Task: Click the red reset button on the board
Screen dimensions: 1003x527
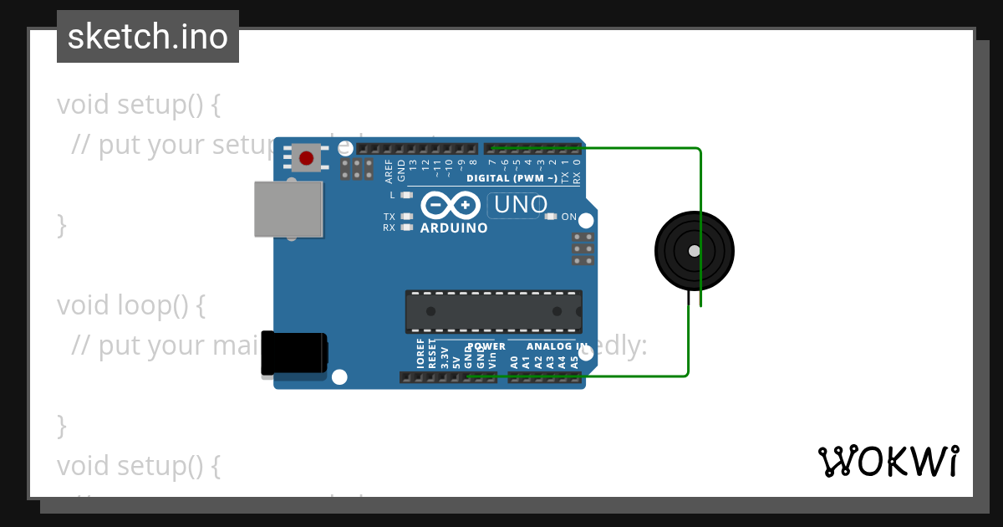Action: [x=306, y=158]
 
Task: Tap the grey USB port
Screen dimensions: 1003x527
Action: [x=288, y=208]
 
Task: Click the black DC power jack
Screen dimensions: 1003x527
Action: [x=293, y=353]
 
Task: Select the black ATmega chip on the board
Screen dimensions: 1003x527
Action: [x=493, y=311]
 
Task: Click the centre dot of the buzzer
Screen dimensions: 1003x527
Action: [x=695, y=251]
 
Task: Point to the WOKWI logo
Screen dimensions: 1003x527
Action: [x=888, y=461]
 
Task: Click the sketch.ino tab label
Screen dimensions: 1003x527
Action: [x=148, y=37]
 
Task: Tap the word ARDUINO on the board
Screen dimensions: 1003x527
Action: [x=454, y=228]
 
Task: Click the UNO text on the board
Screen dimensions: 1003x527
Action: [x=521, y=204]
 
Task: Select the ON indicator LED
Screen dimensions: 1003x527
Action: [x=550, y=217]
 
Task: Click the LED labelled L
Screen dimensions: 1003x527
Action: [x=407, y=195]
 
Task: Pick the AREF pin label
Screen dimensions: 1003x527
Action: [x=389, y=172]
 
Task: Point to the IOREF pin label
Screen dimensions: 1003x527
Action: [x=420, y=355]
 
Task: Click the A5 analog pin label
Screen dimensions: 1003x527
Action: [x=574, y=362]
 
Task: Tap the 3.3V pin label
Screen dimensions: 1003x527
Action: [x=444, y=357]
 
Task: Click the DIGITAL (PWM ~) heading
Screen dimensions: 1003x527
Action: [x=512, y=178]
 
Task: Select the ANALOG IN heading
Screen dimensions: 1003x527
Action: [x=556, y=346]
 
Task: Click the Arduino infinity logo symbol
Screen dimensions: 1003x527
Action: [x=451, y=206]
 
